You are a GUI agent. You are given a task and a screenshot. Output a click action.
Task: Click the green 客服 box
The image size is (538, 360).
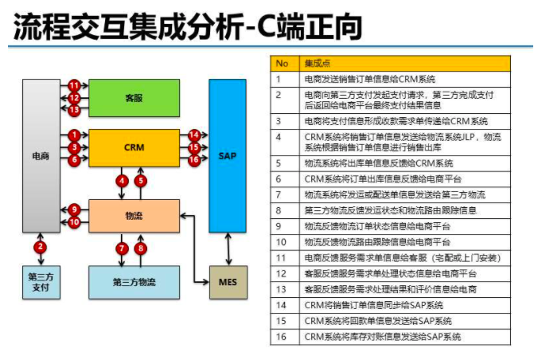tap(134, 98)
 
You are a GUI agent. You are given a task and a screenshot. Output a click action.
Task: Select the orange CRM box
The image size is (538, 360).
tap(134, 147)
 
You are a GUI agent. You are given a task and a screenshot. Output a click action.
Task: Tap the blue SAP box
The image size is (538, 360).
tap(227, 155)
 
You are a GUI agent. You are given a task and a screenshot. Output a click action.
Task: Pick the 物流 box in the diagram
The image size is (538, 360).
tap(134, 215)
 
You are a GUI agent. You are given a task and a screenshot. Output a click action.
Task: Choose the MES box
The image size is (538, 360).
tap(228, 282)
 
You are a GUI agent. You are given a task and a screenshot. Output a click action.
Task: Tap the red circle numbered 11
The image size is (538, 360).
tap(74, 85)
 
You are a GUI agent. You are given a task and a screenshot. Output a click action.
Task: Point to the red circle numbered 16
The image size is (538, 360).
tap(194, 160)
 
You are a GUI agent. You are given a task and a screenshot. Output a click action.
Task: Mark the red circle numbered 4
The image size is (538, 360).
tap(122, 181)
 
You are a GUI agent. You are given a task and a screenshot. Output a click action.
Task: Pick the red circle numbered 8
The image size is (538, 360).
tap(142, 248)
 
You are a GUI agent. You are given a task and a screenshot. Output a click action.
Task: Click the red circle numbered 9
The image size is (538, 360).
tap(74, 209)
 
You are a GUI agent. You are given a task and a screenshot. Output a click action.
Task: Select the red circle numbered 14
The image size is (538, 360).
tap(194, 135)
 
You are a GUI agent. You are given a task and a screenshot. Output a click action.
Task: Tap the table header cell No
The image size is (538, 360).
tap(282, 63)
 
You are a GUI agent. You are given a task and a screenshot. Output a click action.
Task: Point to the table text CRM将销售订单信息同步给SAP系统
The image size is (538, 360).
tap(374, 305)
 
